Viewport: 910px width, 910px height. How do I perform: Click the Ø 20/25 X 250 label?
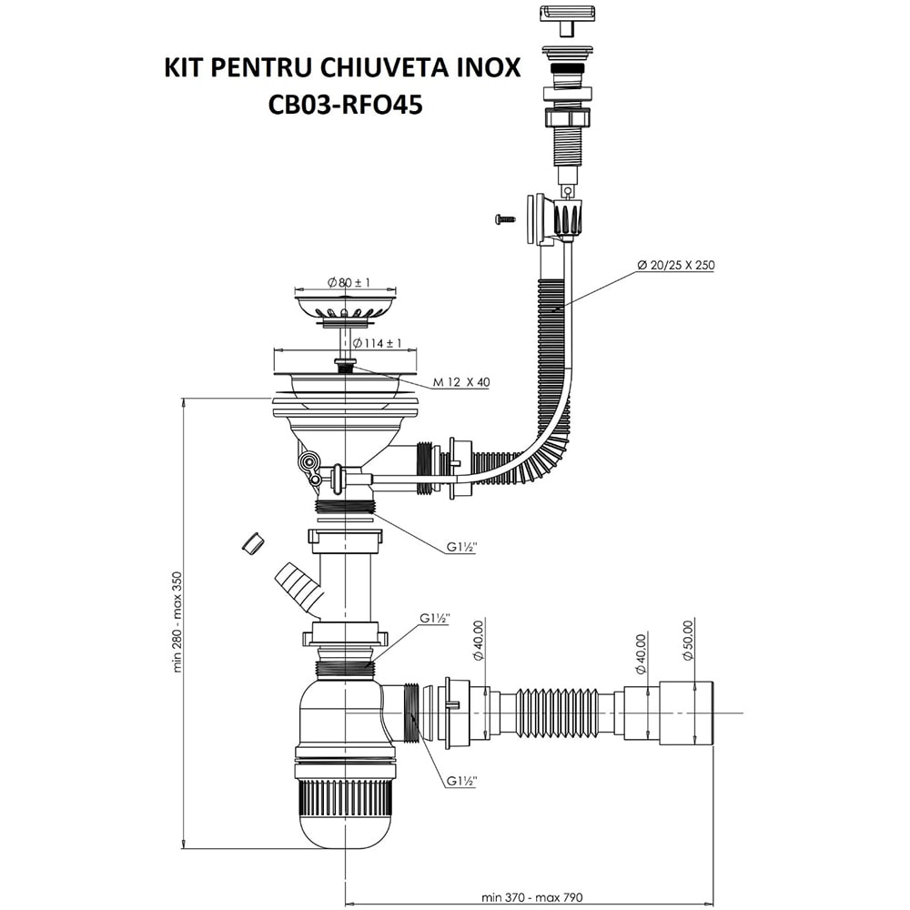pos(674,266)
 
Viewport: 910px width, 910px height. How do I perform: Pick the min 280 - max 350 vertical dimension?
pos(179,623)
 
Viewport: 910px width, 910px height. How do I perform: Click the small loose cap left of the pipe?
pos(252,542)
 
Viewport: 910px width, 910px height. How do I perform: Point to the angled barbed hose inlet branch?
pos(298,588)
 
